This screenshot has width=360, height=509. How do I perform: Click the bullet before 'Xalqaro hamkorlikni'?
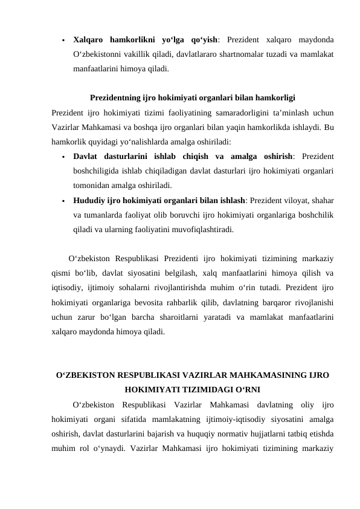(63, 42)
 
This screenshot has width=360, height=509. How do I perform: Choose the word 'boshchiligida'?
(96, 169)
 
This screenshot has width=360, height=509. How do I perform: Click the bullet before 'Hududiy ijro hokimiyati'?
(63, 199)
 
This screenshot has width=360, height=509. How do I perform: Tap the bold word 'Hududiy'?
(87, 199)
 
